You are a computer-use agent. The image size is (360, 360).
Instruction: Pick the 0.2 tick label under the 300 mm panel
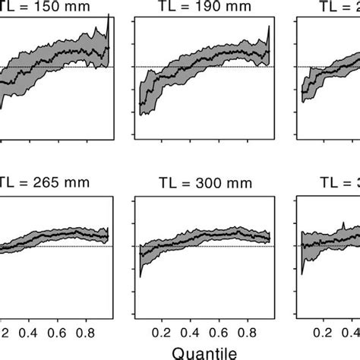[x=160, y=331]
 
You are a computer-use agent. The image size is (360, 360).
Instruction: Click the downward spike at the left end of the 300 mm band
[x=140, y=267]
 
